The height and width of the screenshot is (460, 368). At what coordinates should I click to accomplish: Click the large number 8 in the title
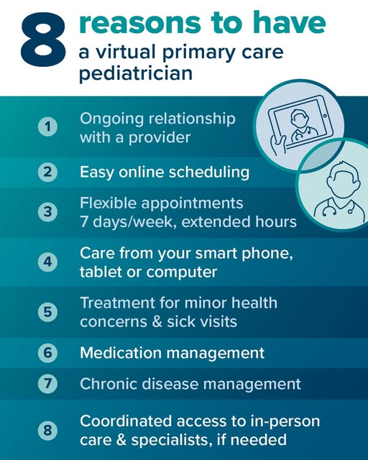(43, 40)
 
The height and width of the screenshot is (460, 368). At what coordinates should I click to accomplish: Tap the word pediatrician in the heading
(136, 73)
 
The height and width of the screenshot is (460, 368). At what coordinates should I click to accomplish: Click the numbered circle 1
(47, 126)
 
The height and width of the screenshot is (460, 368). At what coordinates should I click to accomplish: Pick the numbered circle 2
(47, 172)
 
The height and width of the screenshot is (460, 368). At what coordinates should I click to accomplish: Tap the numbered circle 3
(47, 212)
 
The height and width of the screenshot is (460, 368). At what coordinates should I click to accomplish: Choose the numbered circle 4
(47, 262)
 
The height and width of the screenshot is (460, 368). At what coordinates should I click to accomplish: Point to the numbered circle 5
(47, 312)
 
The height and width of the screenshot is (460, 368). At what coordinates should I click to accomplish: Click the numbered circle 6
(47, 352)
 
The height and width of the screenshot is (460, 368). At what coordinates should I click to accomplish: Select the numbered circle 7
(47, 383)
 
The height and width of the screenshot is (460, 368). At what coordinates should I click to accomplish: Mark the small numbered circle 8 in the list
(47, 431)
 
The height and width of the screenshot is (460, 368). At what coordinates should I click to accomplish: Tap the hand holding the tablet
(279, 145)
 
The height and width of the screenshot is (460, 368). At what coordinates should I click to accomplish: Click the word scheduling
(209, 172)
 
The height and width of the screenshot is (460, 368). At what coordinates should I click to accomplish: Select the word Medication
(121, 353)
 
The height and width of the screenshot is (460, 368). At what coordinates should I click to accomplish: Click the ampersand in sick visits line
(157, 321)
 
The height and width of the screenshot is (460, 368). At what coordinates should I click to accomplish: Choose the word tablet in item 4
(101, 272)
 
